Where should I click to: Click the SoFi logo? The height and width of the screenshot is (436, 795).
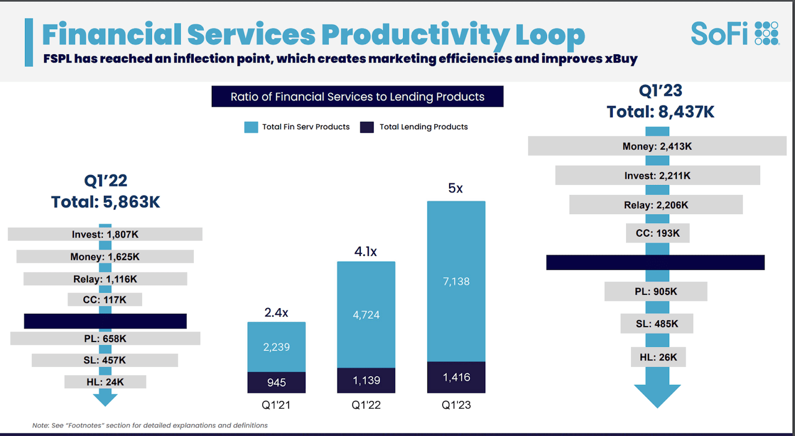pos(735,33)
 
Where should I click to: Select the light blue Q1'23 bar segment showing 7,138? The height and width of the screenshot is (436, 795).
pos(456,281)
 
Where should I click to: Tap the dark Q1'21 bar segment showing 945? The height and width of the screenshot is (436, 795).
pos(276,382)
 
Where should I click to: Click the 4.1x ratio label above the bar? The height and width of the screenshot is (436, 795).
pos(366,252)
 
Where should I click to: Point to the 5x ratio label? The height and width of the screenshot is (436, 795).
pos(455,188)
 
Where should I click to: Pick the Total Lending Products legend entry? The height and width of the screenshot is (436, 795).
pos(415,127)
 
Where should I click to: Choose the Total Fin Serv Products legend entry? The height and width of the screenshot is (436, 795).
pos(298,127)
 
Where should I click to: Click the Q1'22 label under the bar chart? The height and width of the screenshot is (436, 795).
pos(366,406)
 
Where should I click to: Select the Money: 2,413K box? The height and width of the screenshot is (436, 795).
pos(656,147)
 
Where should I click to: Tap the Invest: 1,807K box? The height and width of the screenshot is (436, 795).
pos(105,234)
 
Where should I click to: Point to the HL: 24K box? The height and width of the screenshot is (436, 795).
pos(105,382)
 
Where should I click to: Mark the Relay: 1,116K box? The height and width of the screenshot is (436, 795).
pos(105,279)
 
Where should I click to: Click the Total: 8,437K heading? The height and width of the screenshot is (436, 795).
pos(660,112)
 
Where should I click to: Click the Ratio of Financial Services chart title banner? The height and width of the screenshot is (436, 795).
pos(357,97)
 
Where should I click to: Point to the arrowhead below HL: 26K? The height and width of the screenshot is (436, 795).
pos(657,395)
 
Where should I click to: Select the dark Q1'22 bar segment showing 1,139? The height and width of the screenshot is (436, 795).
pos(366,380)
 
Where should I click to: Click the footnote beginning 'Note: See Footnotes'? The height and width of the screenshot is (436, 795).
pos(150,425)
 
